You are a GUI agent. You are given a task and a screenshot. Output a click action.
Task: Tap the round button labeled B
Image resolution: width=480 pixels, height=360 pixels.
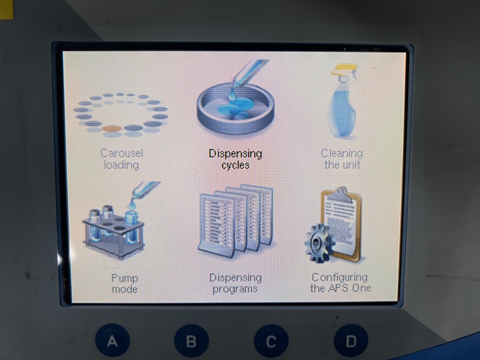[191, 341]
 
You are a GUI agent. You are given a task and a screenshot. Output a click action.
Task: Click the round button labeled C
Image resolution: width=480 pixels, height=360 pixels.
[271, 341]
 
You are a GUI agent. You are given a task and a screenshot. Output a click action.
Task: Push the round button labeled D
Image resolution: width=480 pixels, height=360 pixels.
[351, 341]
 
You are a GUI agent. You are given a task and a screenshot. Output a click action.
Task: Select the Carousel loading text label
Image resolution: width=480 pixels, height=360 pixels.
[121, 159]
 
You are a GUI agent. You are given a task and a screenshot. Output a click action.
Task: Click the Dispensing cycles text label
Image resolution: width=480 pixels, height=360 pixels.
[235, 159]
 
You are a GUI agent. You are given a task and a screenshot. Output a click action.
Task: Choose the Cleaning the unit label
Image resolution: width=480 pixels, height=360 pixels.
[342, 159]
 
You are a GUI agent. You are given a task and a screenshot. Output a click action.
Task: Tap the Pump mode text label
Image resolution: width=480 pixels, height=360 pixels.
[125, 283]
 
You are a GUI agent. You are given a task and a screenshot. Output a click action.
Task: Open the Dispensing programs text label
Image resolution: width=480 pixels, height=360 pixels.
[235, 283]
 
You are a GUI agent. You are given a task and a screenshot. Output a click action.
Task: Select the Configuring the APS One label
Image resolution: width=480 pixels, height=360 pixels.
[341, 283]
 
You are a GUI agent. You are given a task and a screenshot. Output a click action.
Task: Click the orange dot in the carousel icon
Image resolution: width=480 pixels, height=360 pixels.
[112, 128]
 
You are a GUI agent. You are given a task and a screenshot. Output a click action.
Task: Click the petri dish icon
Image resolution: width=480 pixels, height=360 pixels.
[235, 110]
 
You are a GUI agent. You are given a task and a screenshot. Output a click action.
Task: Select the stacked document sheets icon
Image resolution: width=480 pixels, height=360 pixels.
[235, 221]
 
